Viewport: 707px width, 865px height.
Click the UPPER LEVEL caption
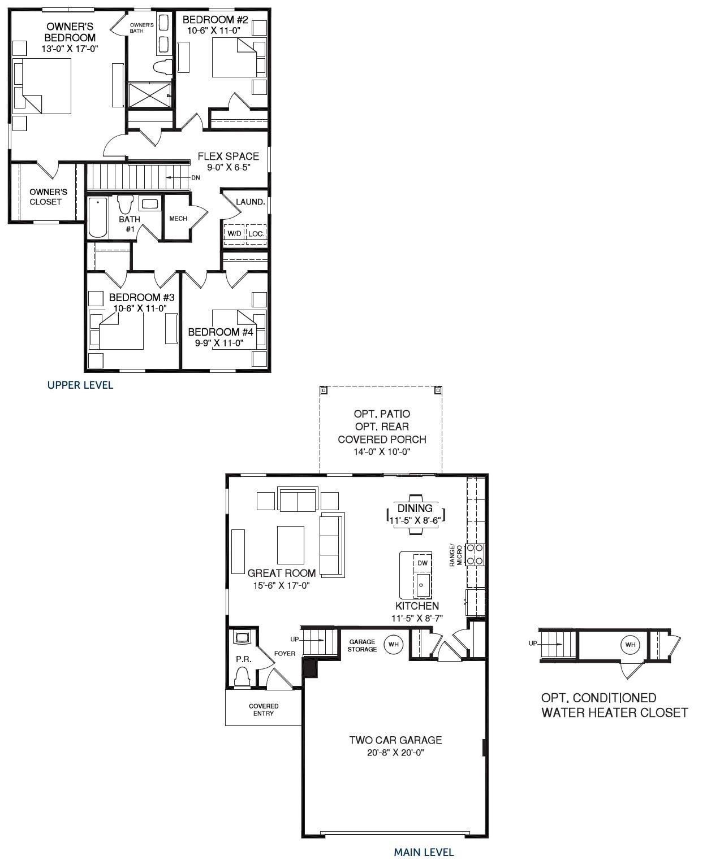click(80, 385)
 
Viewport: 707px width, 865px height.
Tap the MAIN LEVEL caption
click(424, 852)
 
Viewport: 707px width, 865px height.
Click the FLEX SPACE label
click(228, 157)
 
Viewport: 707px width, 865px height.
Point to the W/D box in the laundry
click(234, 233)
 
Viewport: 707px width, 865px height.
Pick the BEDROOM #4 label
click(221, 332)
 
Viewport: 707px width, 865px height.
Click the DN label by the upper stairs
click(195, 177)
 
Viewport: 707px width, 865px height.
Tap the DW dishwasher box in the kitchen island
click(422, 563)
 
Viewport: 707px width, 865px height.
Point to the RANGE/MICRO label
click(455, 555)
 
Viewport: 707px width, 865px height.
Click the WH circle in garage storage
click(393, 644)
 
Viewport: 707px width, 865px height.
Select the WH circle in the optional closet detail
click(630, 645)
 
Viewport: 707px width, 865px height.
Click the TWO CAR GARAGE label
click(395, 740)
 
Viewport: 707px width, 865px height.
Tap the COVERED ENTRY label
click(264, 710)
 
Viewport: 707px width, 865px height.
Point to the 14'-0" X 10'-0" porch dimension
click(382, 452)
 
